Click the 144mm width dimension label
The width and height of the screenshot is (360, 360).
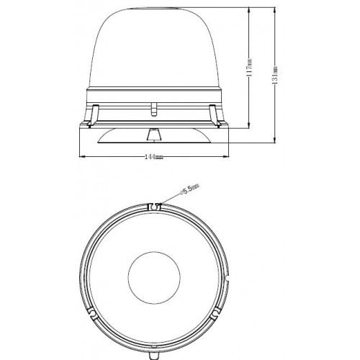(x=153, y=157)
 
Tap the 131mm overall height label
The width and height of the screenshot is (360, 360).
(x=275, y=75)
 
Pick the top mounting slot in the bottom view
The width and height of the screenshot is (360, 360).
(x=153, y=207)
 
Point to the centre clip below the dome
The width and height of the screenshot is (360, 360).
(x=153, y=109)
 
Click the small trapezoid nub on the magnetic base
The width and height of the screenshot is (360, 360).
(x=153, y=134)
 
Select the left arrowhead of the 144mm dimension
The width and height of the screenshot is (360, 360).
(x=80, y=157)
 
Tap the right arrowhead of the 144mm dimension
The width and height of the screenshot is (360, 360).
(x=228, y=157)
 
